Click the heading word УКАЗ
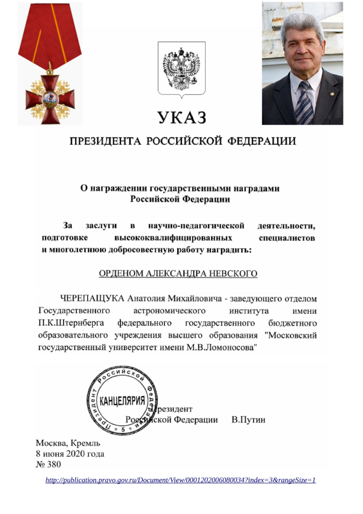(x=181, y=118)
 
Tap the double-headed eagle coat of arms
(x=181, y=69)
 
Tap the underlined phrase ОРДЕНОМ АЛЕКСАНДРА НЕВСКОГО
(x=178, y=274)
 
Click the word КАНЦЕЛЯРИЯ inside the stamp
(x=122, y=401)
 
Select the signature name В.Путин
(x=248, y=419)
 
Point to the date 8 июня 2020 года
(x=70, y=454)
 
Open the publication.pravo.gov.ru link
(x=180, y=480)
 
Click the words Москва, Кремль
(x=68, y=443)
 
